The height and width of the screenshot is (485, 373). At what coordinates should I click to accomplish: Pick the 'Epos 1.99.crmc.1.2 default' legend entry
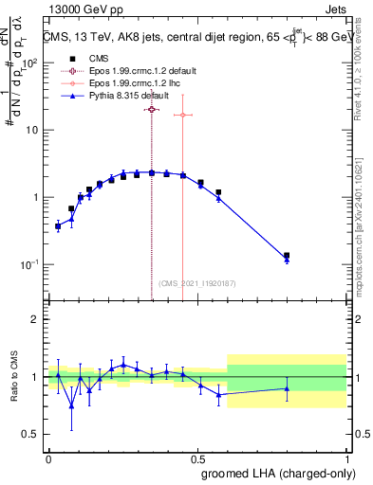(135, 70)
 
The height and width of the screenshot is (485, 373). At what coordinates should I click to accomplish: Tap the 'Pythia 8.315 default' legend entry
(124, 97)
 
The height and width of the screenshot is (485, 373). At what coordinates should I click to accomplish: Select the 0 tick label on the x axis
(48, 458)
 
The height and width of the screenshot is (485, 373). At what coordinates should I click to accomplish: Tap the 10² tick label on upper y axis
(29, 63)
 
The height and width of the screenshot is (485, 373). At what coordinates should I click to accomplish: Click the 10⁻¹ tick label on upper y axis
(29, 264)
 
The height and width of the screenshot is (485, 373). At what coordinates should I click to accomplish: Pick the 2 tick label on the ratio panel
(34, 319)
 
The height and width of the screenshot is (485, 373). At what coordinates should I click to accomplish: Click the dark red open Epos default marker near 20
(152, 110)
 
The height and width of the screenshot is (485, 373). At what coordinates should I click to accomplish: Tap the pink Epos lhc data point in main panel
(181, 115)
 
